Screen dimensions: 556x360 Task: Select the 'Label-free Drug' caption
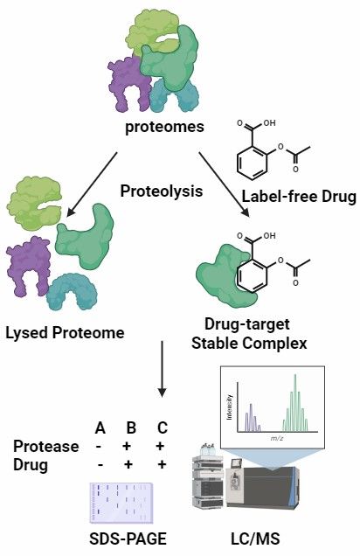click(299, 197)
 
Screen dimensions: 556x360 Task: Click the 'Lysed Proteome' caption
click(65, 333)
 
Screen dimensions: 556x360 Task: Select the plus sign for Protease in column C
click(162, 446)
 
